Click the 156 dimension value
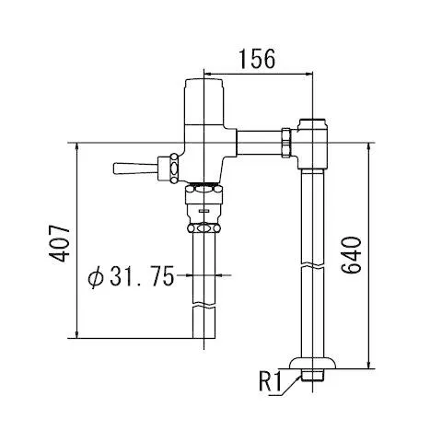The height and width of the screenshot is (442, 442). [257, 59]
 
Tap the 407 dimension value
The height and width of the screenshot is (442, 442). [60, 244]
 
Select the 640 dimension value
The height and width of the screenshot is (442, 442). [352, 255]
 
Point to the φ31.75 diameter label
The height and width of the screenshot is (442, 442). [131, 275]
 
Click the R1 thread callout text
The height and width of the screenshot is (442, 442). [270, 381]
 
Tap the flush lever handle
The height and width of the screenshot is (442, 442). [134, 169]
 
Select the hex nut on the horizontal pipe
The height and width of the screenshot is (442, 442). [286, 143]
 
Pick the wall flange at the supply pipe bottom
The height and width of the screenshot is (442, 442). [313, 363]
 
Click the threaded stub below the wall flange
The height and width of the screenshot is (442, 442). [313, 375]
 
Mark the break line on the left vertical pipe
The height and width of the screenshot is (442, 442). [204, 307]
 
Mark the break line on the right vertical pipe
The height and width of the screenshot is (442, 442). [313, 264]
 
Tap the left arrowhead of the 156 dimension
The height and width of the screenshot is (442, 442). [208, 74]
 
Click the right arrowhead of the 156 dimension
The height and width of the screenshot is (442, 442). [308, 74]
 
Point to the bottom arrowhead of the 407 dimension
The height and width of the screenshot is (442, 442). [77, 334]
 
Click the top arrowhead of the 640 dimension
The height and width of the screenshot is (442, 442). [369, 147]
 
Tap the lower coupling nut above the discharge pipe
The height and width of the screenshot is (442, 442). [204, 228]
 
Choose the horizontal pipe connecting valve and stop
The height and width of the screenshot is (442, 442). [260, 143]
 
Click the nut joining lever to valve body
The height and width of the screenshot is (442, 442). [174, 169]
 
